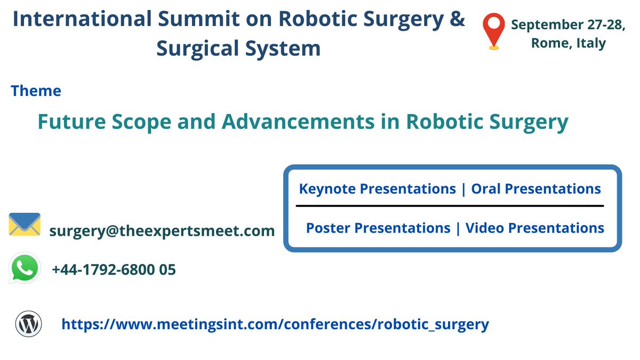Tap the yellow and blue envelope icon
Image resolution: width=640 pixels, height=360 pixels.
[25, 225]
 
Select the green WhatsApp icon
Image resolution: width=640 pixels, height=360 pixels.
[25, 268]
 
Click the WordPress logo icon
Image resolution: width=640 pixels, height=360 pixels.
[28, 323]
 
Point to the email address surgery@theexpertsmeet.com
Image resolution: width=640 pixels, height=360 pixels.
[162, 231]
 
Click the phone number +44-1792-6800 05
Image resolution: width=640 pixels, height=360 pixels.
[114, 270]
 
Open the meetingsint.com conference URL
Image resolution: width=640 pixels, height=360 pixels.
[275, 324]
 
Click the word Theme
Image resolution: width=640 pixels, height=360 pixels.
[36, 91]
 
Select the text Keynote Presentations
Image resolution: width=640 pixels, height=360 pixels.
[377, 189]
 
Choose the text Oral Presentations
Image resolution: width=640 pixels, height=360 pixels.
[536, 189]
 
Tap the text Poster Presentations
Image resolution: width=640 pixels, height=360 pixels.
[378, 228]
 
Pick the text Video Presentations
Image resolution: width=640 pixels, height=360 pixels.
[535, 228]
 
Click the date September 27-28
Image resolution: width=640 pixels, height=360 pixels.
[569, 25]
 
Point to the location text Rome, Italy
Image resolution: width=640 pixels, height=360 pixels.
[569, 43]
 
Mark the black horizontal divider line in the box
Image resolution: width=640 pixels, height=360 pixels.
[450, 205]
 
